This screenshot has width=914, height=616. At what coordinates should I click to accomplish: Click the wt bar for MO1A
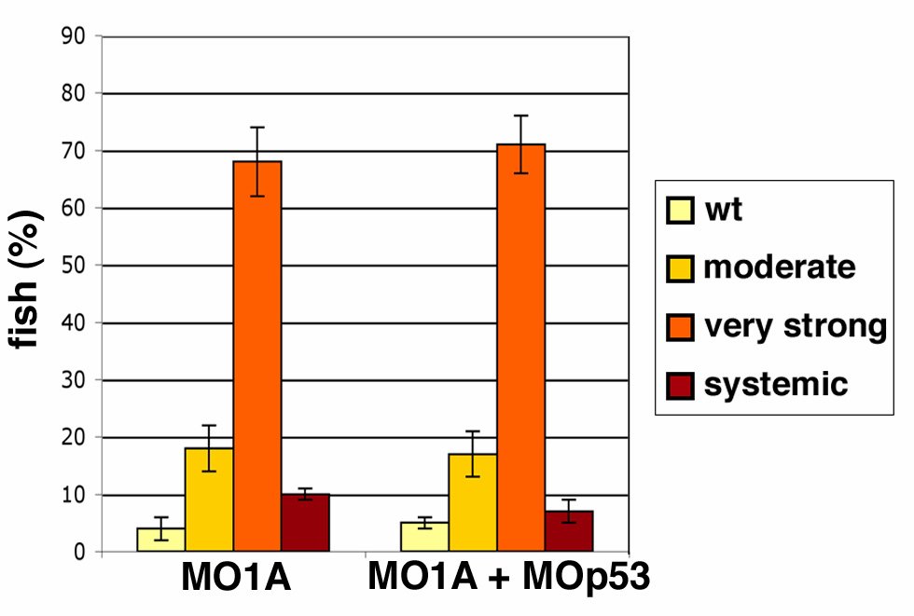coord(160,541)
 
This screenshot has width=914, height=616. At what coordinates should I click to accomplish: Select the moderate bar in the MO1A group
coord(209,500)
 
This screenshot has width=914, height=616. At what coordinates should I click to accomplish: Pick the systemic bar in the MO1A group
coord(305,524)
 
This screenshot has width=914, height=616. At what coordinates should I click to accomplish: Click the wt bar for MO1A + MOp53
coord(424,538)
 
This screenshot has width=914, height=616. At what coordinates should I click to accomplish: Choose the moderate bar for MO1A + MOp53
coord(473,503)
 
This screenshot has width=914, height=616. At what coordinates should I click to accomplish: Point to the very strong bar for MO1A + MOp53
coord(520,349)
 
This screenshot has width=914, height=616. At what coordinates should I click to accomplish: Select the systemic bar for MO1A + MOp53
coord(569,532)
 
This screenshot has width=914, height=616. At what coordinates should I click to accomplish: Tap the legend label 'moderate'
coord(780,268)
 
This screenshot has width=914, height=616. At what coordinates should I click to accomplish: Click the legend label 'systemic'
coord(776,384)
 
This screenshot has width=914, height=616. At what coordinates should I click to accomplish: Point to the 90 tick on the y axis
coord(72,36)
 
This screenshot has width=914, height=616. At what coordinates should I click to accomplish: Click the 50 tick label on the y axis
coord(72,266)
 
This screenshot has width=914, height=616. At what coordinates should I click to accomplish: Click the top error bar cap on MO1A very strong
coord(257,127)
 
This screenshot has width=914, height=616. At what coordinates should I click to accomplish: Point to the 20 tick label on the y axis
coord(72,438)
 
